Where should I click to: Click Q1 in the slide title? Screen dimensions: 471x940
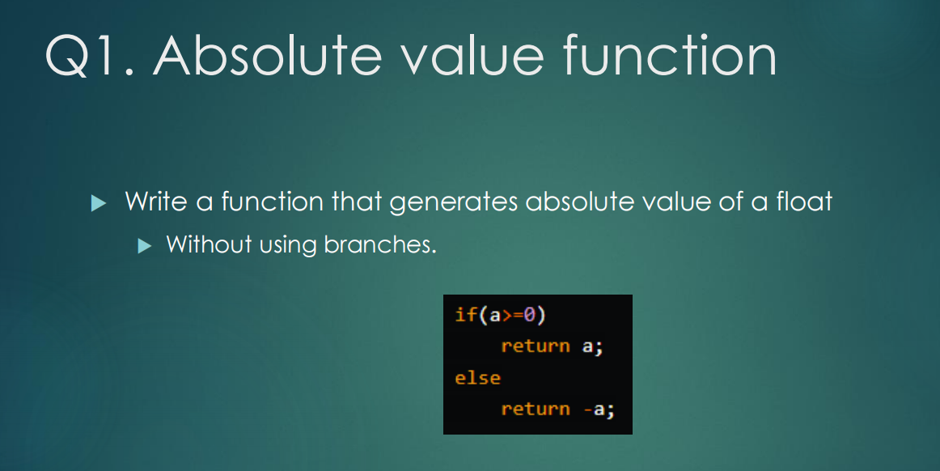pyautogui.click(x=83, y=57)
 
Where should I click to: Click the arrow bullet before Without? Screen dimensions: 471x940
pyautogui.click(x=145, y=244)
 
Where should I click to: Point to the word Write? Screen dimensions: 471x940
pyautogui.click(x=156, y=201)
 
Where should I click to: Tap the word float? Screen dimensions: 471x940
pyautogui.click(x=803, y=201)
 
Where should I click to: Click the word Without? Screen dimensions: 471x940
pyautogui.click(x=208, y=244)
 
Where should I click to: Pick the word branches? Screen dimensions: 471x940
pyautogui.click(x=379, y=244)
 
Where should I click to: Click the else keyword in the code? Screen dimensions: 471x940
pyautogui.click(x=477, y=378)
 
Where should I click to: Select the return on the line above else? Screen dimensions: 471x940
pyautogui.click(x=535, y=346)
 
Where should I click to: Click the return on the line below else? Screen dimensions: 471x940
pyautogui.click(x=535, y=409)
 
